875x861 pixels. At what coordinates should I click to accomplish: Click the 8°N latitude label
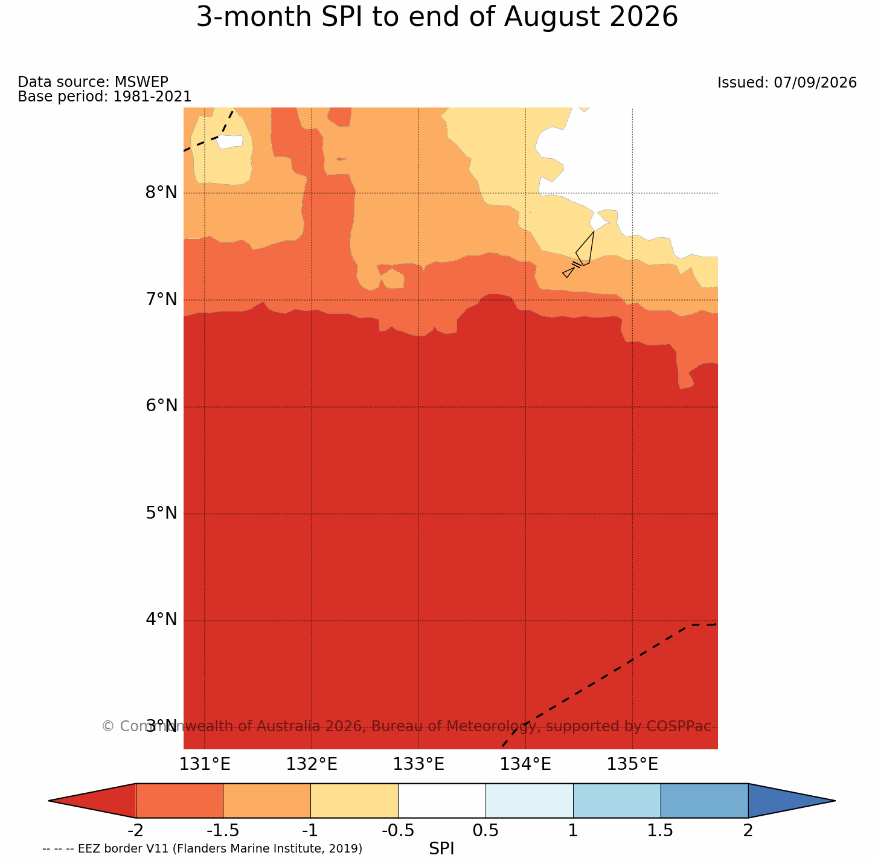coord(161,193)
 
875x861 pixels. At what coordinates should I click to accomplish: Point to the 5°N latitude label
coord(161,513)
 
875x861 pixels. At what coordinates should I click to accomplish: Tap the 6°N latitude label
coord(161,406)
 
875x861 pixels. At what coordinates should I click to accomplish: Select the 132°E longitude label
coord(312,764)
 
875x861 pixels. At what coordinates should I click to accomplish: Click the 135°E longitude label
coord(632,764)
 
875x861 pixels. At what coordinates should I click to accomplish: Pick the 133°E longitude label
coord(418,764)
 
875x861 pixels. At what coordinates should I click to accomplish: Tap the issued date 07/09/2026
coord(815,83)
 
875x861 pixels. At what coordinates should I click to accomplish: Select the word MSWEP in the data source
coord(141,82)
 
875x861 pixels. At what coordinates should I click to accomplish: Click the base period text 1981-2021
coord(152,96)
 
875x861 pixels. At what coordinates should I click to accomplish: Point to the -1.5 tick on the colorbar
coord(223,830)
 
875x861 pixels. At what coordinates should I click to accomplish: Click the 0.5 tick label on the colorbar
coord(486,830)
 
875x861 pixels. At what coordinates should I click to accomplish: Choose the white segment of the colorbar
coord(442,801)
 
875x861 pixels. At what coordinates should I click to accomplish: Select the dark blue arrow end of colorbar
coord(792,801)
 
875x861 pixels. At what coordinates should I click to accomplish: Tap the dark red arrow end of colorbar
coord(92,801)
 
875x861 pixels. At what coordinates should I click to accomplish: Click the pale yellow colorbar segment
coord(354,801)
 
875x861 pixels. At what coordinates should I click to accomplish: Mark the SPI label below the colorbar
coord(441,848)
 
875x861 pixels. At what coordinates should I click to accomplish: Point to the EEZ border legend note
coord(202,848)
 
